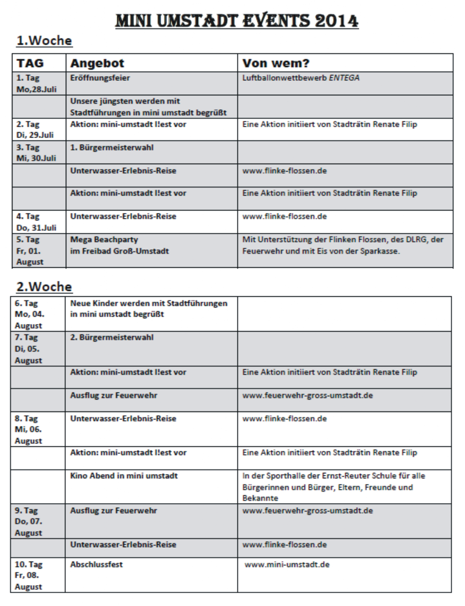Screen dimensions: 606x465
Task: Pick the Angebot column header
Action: tap(97, 63)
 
